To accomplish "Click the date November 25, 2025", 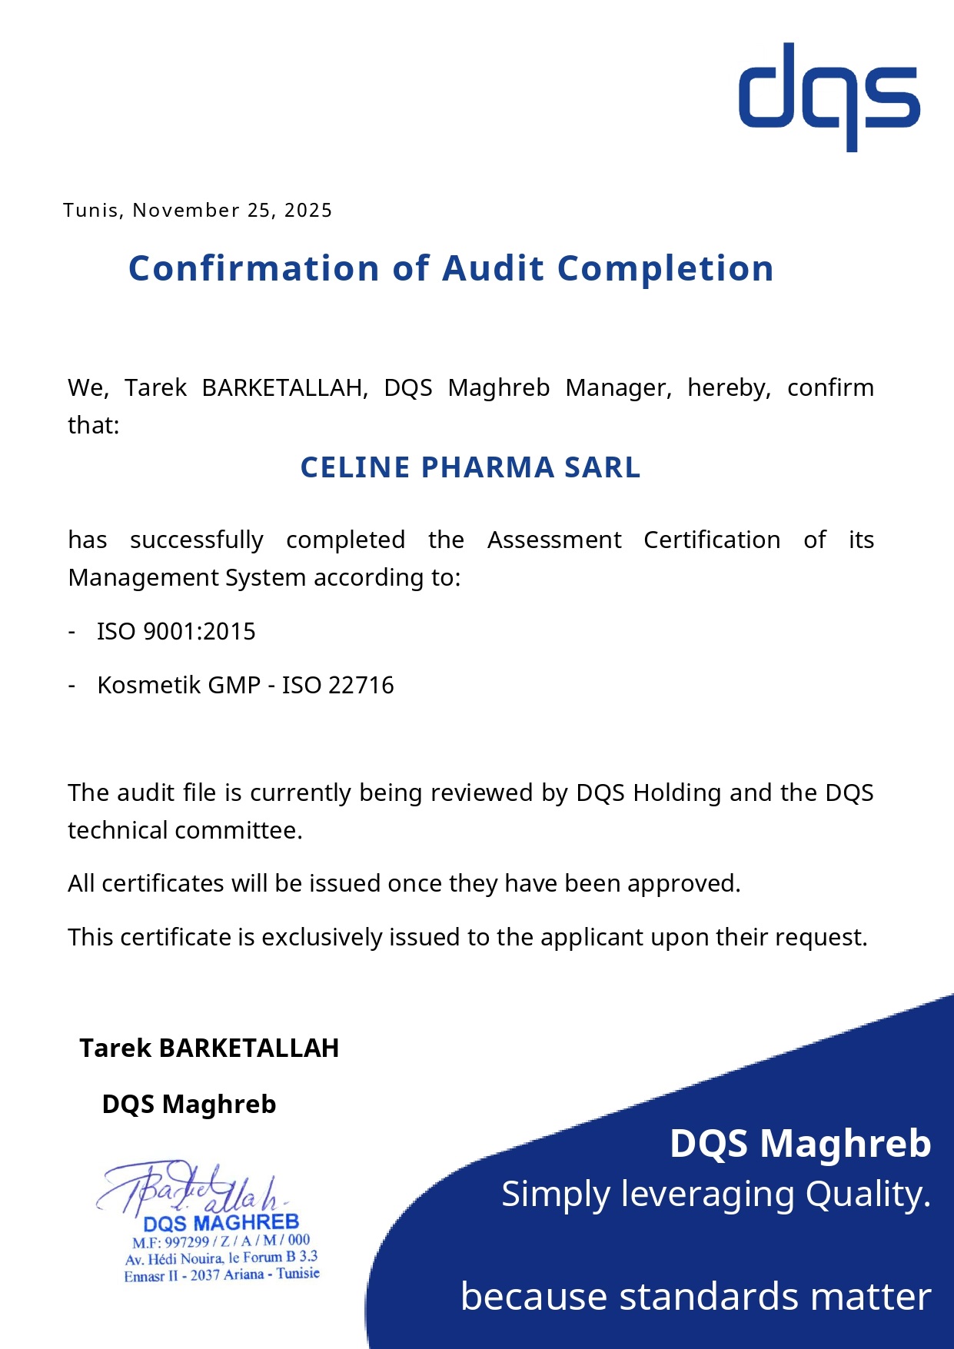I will [x=232, y=211].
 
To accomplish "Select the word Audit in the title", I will [x=493, y=268].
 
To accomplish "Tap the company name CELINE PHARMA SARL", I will [x=470, y=467].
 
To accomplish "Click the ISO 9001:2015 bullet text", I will [x=176, y=632].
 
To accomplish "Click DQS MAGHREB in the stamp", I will [x=221, y=1223].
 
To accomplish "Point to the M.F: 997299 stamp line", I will [x=221, y=1241].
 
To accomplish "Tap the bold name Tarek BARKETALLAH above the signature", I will [x=209, y=1048].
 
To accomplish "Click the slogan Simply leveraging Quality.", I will [x=716, y=1194].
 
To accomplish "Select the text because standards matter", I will [x=696, y=1296].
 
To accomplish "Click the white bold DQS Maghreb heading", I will [x=800, y=1143].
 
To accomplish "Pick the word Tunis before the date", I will [x=91, y=211].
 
